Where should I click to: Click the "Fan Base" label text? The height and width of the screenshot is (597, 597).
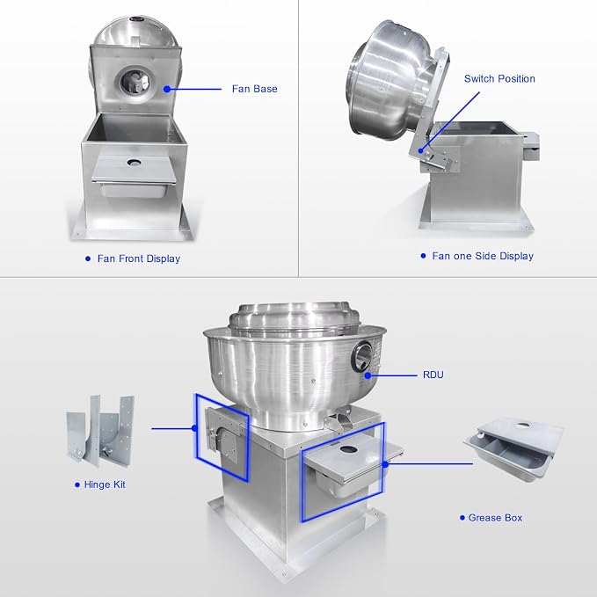(x=254, y=89)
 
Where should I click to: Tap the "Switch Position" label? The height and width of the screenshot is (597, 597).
(x=499, y=78)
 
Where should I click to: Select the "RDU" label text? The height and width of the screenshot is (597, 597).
(x=433, y=375)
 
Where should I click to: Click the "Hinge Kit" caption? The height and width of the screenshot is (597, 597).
(x=105, y=484)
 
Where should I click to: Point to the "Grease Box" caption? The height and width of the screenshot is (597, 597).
(x=495, y=517)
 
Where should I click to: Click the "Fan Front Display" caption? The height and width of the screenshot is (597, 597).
(x=139, y=258)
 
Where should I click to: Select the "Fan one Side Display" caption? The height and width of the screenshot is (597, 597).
(x=483, y=256)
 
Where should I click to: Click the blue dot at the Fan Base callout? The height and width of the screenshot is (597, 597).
(x=167, y=89)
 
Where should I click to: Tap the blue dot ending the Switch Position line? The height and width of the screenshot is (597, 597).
(x=421, y=150)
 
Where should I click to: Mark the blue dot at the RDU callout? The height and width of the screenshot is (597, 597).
(x=368, y=375)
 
